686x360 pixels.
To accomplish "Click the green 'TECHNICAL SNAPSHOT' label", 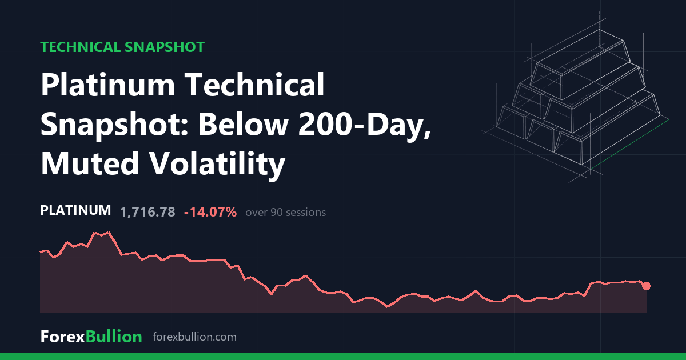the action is click(x=122, y=47).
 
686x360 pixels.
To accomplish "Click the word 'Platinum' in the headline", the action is click(x=108, y=85).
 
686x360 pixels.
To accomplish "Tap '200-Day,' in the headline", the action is click(x=365, y=125).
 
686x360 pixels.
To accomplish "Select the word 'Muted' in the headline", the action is click(x=90, y=163).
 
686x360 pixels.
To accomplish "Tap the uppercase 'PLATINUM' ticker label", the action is click(x=75, y=211).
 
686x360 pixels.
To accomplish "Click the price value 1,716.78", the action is click(x=147, y=212).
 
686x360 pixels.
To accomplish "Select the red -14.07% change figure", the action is click(x=210, y=212).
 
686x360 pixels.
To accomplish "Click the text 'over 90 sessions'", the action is click(x=285, y=213).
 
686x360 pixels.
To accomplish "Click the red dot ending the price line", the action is click(x=646, y=286).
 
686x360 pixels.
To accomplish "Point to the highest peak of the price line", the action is click(x=109, y=233).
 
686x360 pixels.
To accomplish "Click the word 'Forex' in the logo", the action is click(x=63, y=337).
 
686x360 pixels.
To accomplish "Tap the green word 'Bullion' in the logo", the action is click(x=114, y=337).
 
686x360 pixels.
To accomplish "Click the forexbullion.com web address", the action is click(x=194, y=337).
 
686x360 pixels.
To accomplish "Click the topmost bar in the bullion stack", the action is click(x=580, y=65).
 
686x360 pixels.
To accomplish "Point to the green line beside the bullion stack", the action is click(x=629, y=144).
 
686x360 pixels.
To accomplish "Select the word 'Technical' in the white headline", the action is click(x=255, y=85).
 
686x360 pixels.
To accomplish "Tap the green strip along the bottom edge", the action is click(x=343, y=357).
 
